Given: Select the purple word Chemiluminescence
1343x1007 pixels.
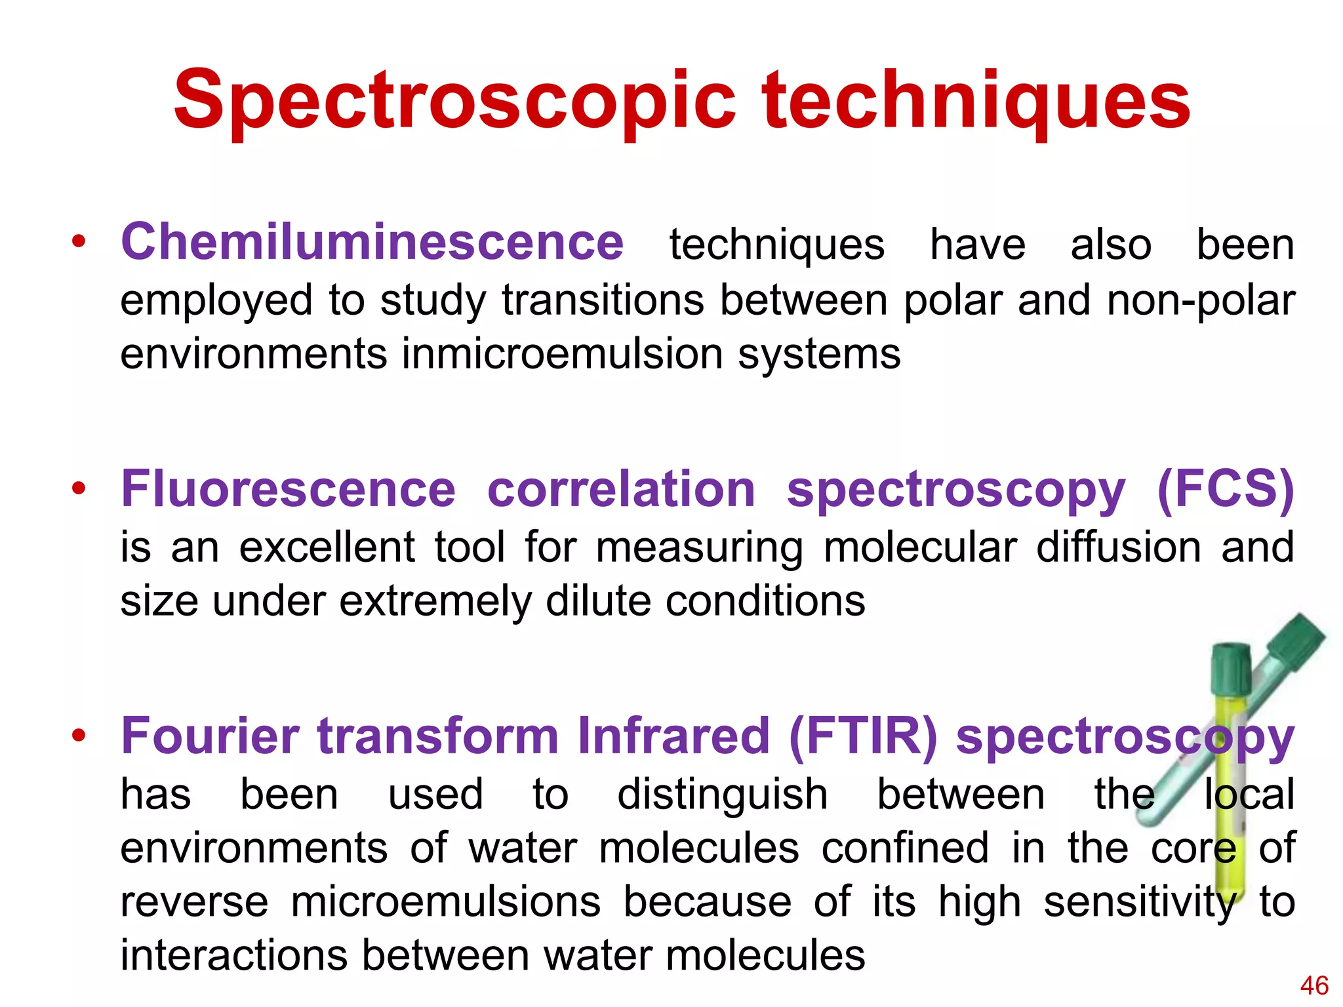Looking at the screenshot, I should click(x=372, y=243).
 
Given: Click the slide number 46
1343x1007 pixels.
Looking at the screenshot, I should click(x=1314, y=985).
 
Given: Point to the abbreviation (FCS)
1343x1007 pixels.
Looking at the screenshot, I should click(x=1225, y=490).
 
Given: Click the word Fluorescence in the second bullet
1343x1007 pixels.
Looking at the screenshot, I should click(x=288, y=490).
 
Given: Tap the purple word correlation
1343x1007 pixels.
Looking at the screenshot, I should click(x=621, y=490).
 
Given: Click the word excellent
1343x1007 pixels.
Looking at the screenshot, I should click(x=327, y=547).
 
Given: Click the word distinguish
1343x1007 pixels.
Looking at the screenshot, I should click(x=723, y=795).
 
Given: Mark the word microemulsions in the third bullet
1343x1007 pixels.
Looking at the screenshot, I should click(x=445, y=902).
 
